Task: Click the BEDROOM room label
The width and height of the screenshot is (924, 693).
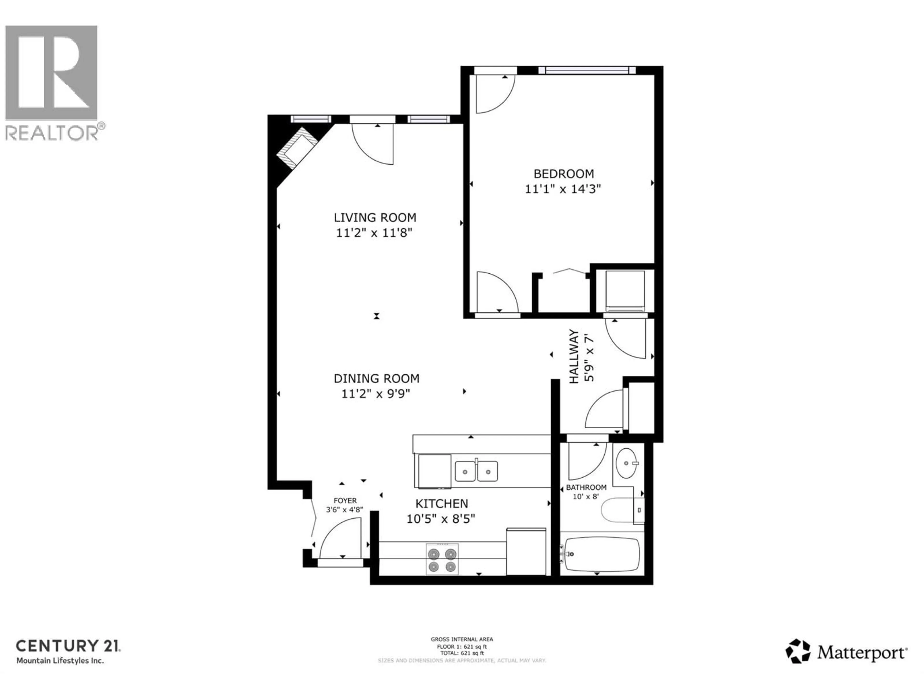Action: [x=564, y=173]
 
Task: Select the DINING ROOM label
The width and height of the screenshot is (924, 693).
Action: [x=376, y=379]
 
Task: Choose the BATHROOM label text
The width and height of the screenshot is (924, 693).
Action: [x=586, y=488]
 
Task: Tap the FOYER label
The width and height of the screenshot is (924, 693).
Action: [x=345, y=500]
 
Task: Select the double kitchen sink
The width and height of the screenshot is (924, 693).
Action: [x=476, y=471]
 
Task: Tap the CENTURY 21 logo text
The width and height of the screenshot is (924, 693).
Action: [x=68, y=646]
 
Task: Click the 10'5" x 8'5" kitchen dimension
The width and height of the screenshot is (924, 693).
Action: [x=441, y=519]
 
